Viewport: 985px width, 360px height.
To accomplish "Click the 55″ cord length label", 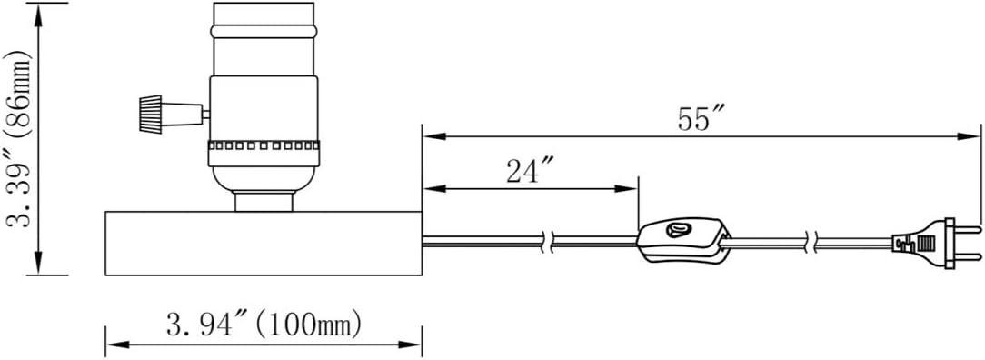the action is [x=701, y=118].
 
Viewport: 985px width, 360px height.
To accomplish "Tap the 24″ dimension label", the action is [x=530, y=171].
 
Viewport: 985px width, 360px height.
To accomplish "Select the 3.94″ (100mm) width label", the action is [x=264, y=325].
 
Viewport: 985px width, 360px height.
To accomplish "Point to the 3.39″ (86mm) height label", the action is [x=18, y=139].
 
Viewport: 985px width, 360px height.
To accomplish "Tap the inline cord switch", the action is [x=682, y=239].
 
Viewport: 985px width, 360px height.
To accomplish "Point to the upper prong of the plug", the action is [x=968, y=229].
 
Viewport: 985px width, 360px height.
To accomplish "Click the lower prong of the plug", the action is [x=968, y=256].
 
